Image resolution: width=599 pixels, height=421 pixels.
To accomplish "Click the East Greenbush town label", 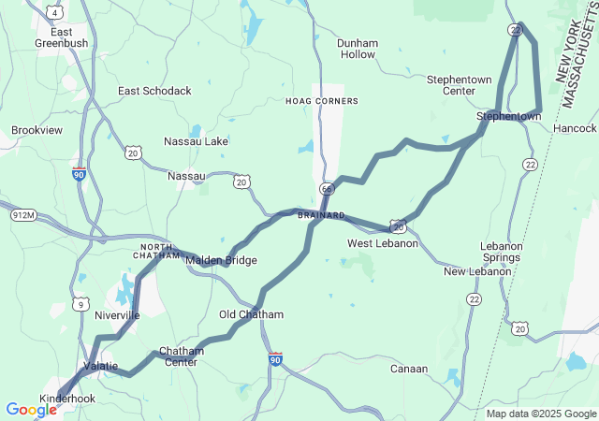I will click(x=61, y=36).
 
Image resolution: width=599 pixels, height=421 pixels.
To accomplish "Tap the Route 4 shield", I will click(x=56, y=12).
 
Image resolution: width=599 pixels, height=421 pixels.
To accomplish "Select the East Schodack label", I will click(x=154, y=91).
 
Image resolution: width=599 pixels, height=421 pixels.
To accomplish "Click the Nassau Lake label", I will click(x=196, y=141).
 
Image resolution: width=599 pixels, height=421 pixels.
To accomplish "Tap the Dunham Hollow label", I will click(x=357, y=49).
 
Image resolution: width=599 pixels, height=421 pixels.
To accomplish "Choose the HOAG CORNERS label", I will click(x=321, y=100).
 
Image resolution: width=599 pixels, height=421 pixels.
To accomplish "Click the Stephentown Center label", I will click(x=459, y=85).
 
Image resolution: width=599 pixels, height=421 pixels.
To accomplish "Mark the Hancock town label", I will click(x=575, y=127).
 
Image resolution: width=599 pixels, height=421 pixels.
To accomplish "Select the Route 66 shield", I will click(x=326, y=189).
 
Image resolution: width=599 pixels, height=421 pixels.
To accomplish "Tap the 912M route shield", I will click(x=23, y=216).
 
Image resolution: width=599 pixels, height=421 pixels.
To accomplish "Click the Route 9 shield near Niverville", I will click(x=82, y=304).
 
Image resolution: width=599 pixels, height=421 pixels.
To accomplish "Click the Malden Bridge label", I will click(x=221, y=260).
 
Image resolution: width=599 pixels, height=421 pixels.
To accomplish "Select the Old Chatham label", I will click(x=251, y=314).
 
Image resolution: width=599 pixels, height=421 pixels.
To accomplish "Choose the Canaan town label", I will click(x=409, y=369).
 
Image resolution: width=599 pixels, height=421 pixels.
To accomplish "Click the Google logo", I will click(x=31, y=410).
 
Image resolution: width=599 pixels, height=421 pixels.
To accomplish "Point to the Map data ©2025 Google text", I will click(x=540, y=414).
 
